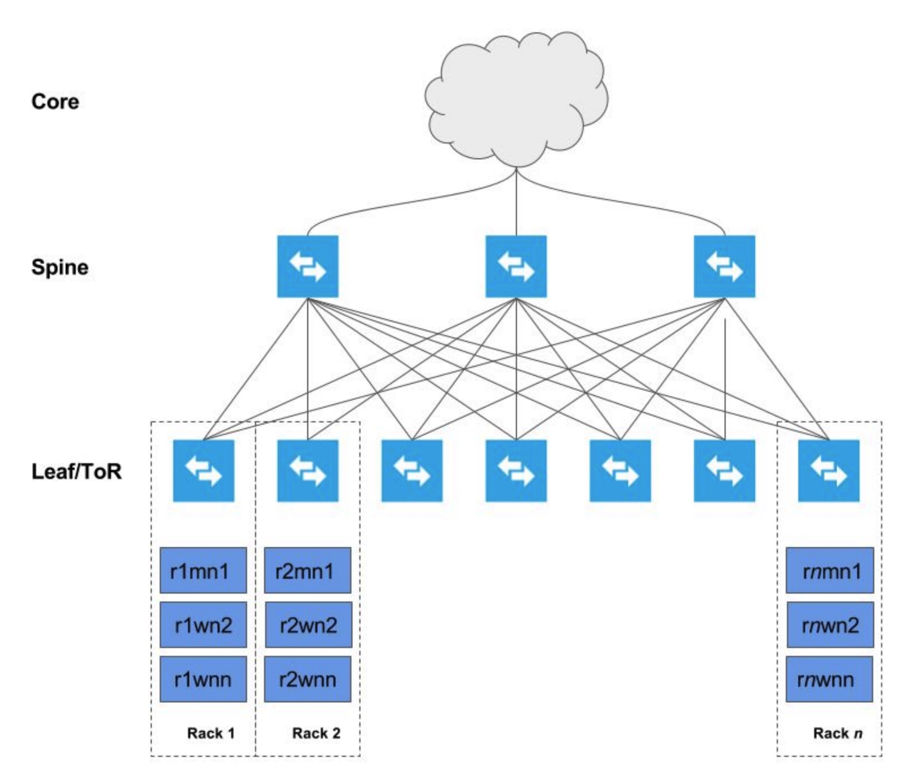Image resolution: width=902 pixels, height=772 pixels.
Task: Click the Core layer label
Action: point(55,102)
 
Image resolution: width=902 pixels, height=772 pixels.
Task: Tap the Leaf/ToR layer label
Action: point(77,471)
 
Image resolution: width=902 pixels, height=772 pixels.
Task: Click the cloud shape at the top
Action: point(516,100)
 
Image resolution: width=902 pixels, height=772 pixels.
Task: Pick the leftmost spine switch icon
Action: point(308,266)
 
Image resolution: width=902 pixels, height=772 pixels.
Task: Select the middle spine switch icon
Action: point(516,266)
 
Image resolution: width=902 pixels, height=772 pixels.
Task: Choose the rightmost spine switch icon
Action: point(724,266)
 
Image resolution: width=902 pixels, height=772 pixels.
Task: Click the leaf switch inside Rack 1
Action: point(204,471)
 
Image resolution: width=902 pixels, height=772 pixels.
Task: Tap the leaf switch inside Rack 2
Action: point(308,471)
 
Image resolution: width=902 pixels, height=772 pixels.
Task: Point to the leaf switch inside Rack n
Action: point(828,471)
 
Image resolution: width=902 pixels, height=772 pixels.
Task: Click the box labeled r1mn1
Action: point(203,570)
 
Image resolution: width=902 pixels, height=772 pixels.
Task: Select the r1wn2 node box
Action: point(203,625)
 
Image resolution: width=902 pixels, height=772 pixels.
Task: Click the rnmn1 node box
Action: point(829,570)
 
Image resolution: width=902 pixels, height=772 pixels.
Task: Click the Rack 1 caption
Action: point(211,733)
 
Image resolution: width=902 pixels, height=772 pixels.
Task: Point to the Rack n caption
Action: point(837,733)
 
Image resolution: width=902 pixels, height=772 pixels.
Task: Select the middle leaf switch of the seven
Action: point(516,471)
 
